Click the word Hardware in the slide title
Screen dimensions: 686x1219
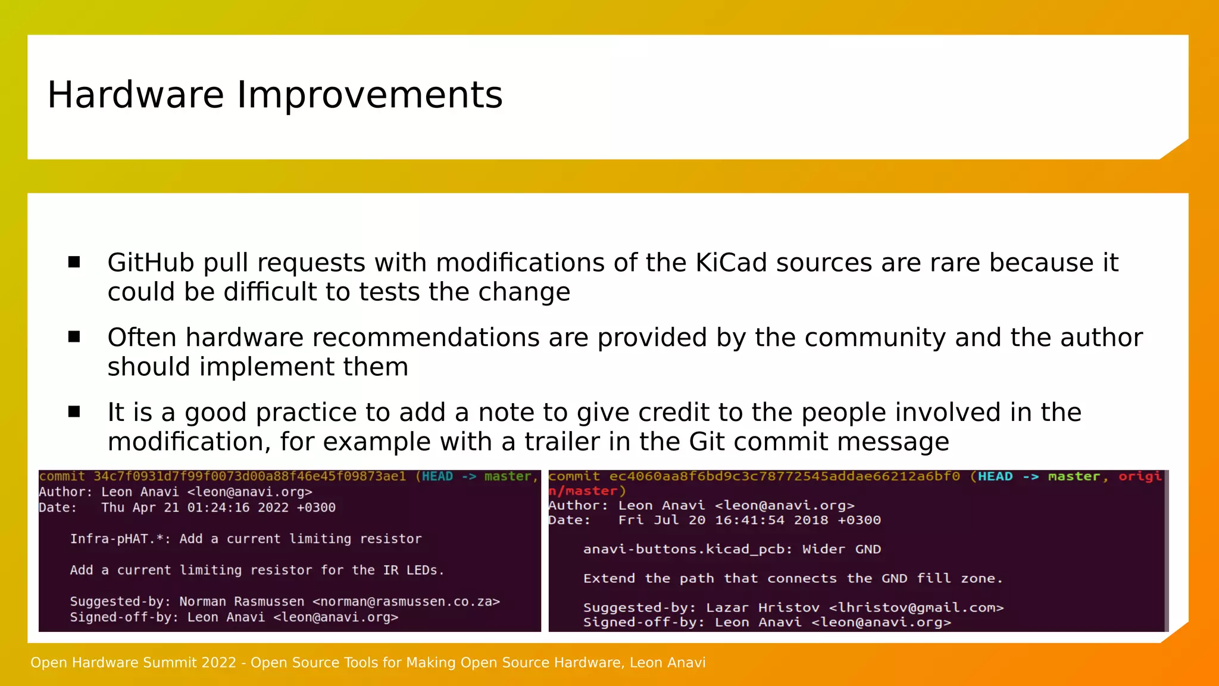(136, 95)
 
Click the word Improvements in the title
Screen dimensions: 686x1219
(370, 95)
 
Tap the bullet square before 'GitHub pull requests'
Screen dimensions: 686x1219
(74, 263)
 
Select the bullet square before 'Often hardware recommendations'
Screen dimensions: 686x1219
(74, 337)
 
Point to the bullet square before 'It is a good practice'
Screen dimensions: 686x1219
(74, 412)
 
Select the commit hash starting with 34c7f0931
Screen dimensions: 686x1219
(249, 476)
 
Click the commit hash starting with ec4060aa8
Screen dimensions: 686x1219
(784, 476)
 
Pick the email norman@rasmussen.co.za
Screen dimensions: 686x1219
(406, 601)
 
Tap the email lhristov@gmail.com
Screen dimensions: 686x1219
(916, 607)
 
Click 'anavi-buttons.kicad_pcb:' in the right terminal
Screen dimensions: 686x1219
(687, 549)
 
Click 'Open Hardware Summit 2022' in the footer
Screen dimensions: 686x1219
(133, 663)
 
